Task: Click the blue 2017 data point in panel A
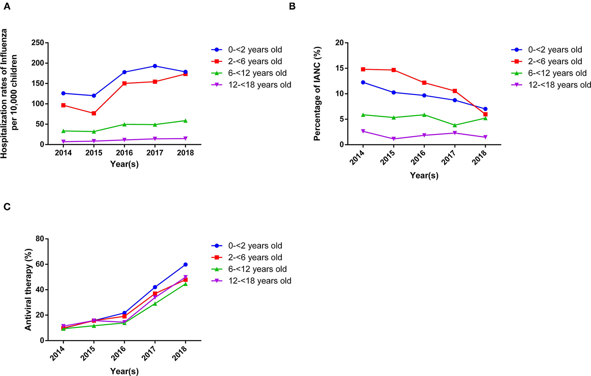point(155,66)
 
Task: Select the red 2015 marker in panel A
point(94,113)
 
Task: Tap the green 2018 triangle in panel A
point(185,121)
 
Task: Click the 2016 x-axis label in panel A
point(124,153)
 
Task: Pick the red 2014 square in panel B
point(363,69)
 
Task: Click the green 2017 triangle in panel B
point(455,125)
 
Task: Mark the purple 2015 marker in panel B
point(394,139)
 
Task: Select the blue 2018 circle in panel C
point(185,265)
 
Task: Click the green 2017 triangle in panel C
point(155,304)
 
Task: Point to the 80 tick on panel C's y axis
point(39,239)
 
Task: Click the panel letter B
point(292,6)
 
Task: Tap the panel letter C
point(7,207)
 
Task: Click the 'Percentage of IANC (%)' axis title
point(317,93)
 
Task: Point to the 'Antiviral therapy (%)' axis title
point(28,289)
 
